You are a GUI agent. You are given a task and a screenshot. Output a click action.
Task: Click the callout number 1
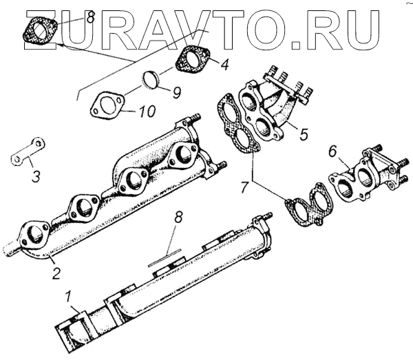tap(68, 298)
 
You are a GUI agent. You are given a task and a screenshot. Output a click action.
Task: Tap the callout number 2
tap(57, 273)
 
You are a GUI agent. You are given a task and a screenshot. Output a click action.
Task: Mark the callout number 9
tap(176, 90)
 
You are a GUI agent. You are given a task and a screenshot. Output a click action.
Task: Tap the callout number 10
tap(147, 110)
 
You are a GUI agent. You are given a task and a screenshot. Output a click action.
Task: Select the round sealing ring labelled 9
tap(151, 80)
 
